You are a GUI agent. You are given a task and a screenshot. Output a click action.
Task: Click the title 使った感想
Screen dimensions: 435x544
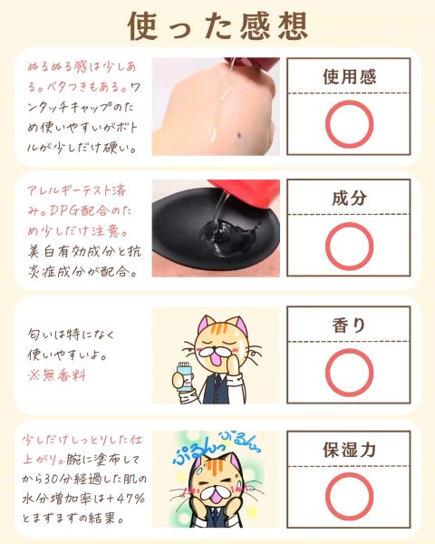(x=217, y=25)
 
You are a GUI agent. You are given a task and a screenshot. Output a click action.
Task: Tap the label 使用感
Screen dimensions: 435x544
(x=349, y=77)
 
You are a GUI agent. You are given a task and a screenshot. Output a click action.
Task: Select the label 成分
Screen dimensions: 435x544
(x=349, y=198)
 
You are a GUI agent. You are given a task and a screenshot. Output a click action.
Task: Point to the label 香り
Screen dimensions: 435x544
(x=349, y=325)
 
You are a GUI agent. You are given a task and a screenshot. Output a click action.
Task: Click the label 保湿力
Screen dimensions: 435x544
(x=349, y=450)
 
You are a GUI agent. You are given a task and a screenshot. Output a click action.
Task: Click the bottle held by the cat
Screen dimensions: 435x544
(x=184, y=376)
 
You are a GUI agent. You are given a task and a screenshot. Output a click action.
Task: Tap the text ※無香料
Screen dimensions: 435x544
(x=56, y=375)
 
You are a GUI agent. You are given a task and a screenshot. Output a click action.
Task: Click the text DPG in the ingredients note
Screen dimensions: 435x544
(x=64, y=210)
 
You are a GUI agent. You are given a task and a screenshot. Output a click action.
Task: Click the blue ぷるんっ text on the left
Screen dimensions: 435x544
(x=196, y=450)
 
